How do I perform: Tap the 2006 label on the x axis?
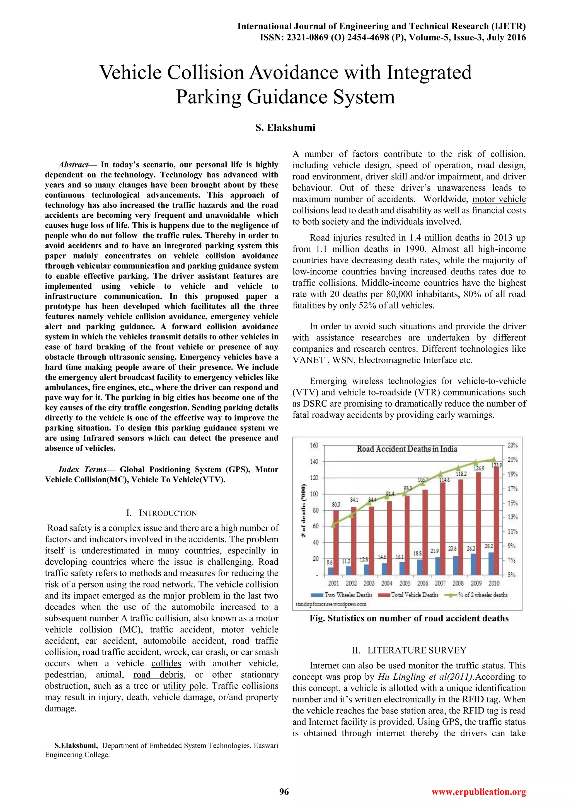pos(423,584)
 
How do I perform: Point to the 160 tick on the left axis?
pos(314,445)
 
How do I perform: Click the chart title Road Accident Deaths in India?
pos(407,449)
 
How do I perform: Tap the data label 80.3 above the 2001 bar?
pos(336,504)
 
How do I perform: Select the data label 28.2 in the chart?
pos(489,546)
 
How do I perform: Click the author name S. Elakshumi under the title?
pos(285,128)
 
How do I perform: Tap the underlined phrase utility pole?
pos(184,686)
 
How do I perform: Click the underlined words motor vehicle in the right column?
pos(499,199)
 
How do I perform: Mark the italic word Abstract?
pos(73,164)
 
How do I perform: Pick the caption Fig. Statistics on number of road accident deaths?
pos(409,618)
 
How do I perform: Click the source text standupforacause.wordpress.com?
pos(331,604)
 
